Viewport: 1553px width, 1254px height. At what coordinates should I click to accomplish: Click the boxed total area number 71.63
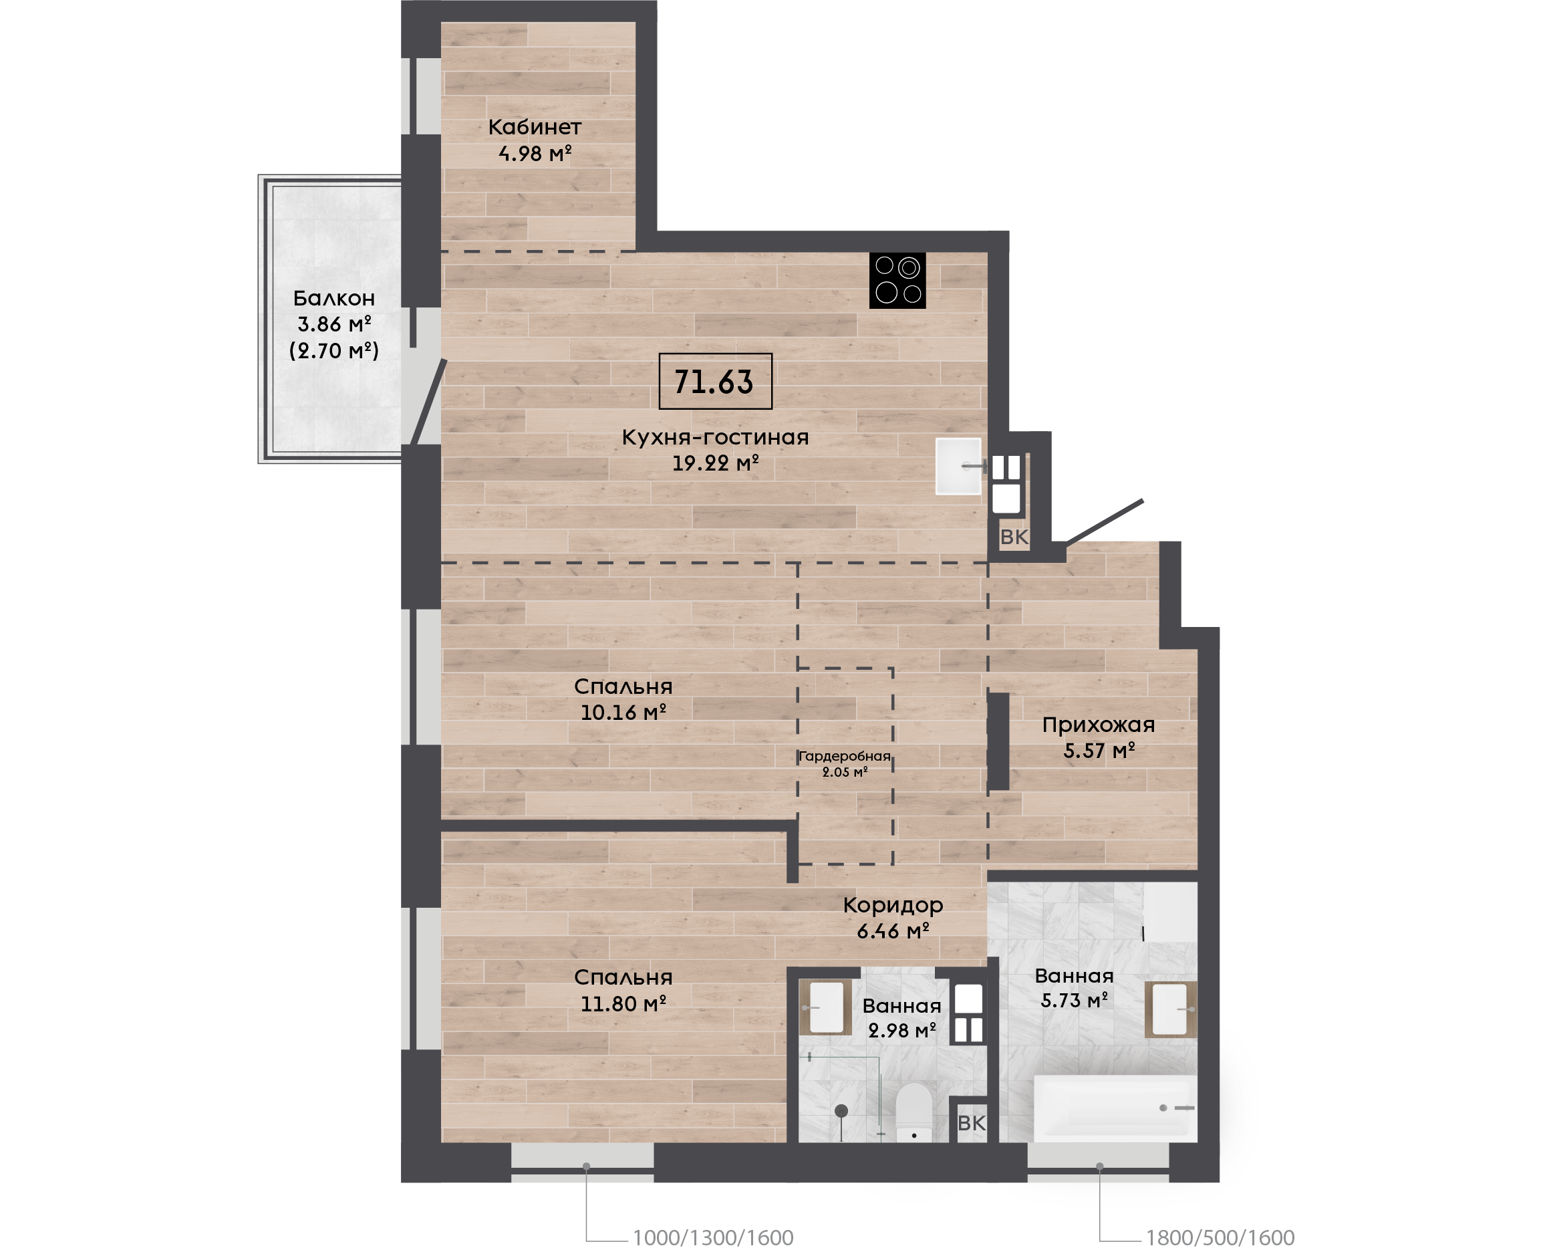(x=714, y=382)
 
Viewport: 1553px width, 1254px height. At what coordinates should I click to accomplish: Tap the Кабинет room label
(x=535, y=127)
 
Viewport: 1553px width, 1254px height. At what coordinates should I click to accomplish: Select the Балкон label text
(x=333, y=298)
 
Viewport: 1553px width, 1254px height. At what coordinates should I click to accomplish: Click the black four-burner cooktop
(x=897, y=280)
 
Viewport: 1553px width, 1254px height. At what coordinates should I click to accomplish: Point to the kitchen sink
(x=959, y=466)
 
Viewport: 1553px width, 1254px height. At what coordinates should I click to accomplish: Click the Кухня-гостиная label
(x=715, y=437)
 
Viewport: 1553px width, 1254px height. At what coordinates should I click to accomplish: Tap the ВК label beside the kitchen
(x=1014, y=537)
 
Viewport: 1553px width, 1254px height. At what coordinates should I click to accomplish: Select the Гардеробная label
(x=845, y=756)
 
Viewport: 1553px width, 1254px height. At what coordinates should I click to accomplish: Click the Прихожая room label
(x=1098, y=725)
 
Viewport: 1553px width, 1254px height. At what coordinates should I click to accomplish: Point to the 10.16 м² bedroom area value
(x=623, y=713)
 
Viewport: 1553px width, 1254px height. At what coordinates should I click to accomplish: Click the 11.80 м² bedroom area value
(x=623, y=1003)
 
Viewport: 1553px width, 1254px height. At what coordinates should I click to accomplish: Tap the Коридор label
(x=893, y=906)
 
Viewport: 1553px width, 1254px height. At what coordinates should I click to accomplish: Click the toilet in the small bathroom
(x=914, y=1112)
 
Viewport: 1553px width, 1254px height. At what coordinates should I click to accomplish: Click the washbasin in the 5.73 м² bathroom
(x=1170, y=1009)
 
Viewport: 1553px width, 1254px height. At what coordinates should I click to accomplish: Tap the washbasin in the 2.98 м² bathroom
(x=826, y=1007)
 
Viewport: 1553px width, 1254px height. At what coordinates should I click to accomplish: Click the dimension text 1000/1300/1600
(x=713, y=1238)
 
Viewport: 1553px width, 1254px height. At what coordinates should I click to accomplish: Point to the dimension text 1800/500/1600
(x=1220, y=1238)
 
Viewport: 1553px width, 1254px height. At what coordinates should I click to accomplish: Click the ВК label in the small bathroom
(x=972, y=1123)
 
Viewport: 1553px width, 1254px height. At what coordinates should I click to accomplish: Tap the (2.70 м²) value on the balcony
(x=333, y=351)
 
